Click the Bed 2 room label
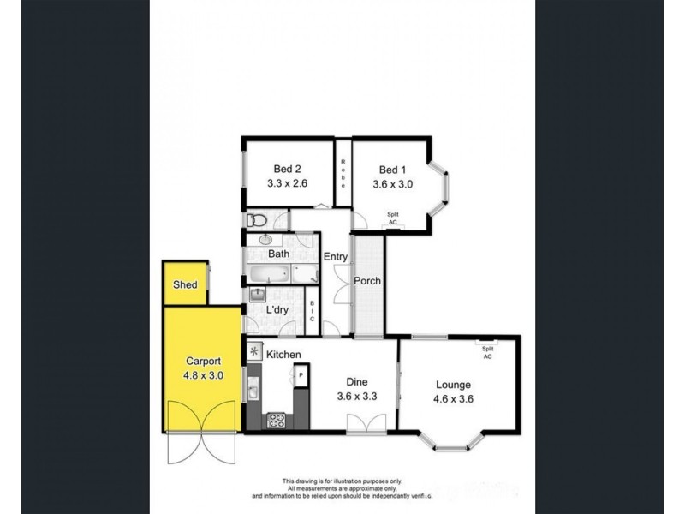(x=288, y=169)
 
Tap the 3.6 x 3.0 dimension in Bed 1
(x=390, y=184)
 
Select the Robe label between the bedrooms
(x=342, y=174)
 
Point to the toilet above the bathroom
(x=255, y=221)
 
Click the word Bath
(x=279, y=254)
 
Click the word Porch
(x=367, y=281)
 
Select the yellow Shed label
(x=185, y=285)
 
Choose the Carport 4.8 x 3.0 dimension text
(x=203, y=374)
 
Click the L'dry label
(x=277, y=309)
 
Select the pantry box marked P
(x=301, y=375)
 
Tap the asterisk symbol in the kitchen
(x=254, y=352)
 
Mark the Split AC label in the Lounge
(x=488, y=353)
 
